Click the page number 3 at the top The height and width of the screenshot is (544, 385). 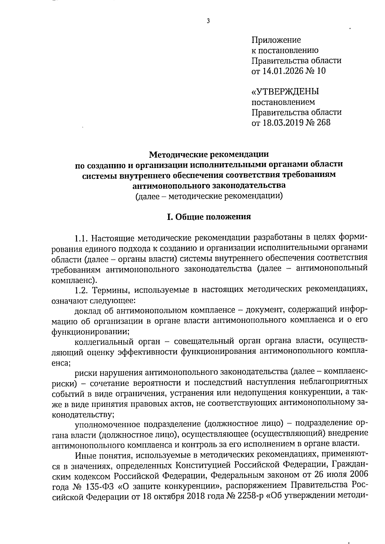pos(208,21)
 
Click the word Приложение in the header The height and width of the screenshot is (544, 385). pos(276,40)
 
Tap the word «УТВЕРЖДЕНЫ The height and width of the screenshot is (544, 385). pos(285,92)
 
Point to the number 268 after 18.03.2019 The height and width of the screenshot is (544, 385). pos(323,122)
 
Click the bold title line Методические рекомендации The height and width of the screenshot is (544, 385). pos(209,155)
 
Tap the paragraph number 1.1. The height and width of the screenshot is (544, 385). pos(81,238)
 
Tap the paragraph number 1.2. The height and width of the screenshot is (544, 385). pos(81,290)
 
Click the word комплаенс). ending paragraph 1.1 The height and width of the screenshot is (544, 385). pos(74,280)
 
